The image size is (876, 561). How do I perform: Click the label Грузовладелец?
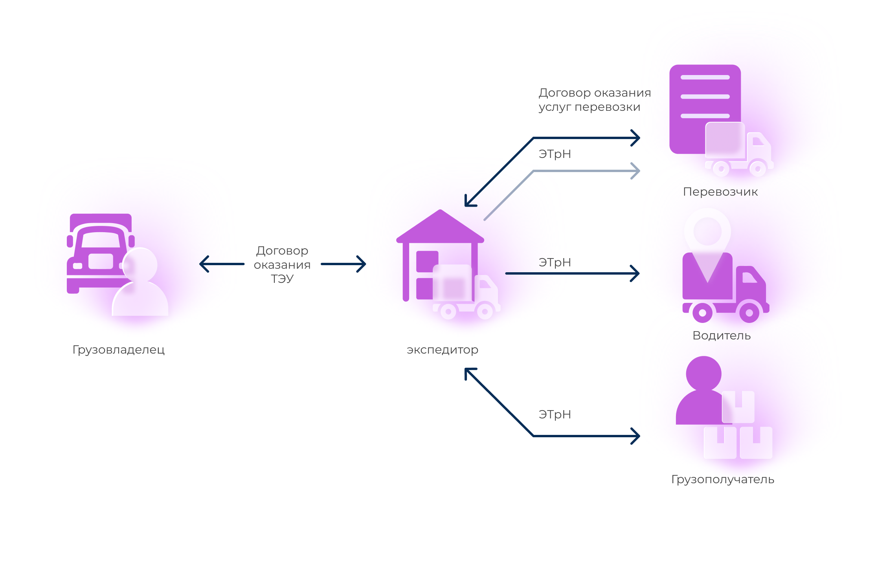[118, 350]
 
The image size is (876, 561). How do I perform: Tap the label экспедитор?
[443, 350]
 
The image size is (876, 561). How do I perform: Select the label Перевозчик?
[720, 192]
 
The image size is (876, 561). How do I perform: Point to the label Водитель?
[722, 335]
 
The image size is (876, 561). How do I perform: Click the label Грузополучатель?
[723, 479]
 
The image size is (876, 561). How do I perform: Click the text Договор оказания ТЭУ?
[282, 264]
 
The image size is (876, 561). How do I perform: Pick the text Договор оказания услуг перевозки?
[595, 100]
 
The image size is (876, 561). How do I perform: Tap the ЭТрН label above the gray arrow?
[555, 154]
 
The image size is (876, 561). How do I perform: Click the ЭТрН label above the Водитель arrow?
[555, 262]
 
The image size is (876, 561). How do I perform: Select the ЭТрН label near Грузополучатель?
[555, 414]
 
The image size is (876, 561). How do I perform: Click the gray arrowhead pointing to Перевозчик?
[635, 171]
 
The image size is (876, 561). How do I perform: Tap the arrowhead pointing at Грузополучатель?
[635, 436]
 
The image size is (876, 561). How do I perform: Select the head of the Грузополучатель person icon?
[703, 374]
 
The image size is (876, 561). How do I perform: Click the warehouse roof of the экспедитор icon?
[440, 226]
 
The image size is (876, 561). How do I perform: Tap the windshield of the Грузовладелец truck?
[101, 240]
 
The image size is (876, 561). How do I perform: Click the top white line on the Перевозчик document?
[705, 77]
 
